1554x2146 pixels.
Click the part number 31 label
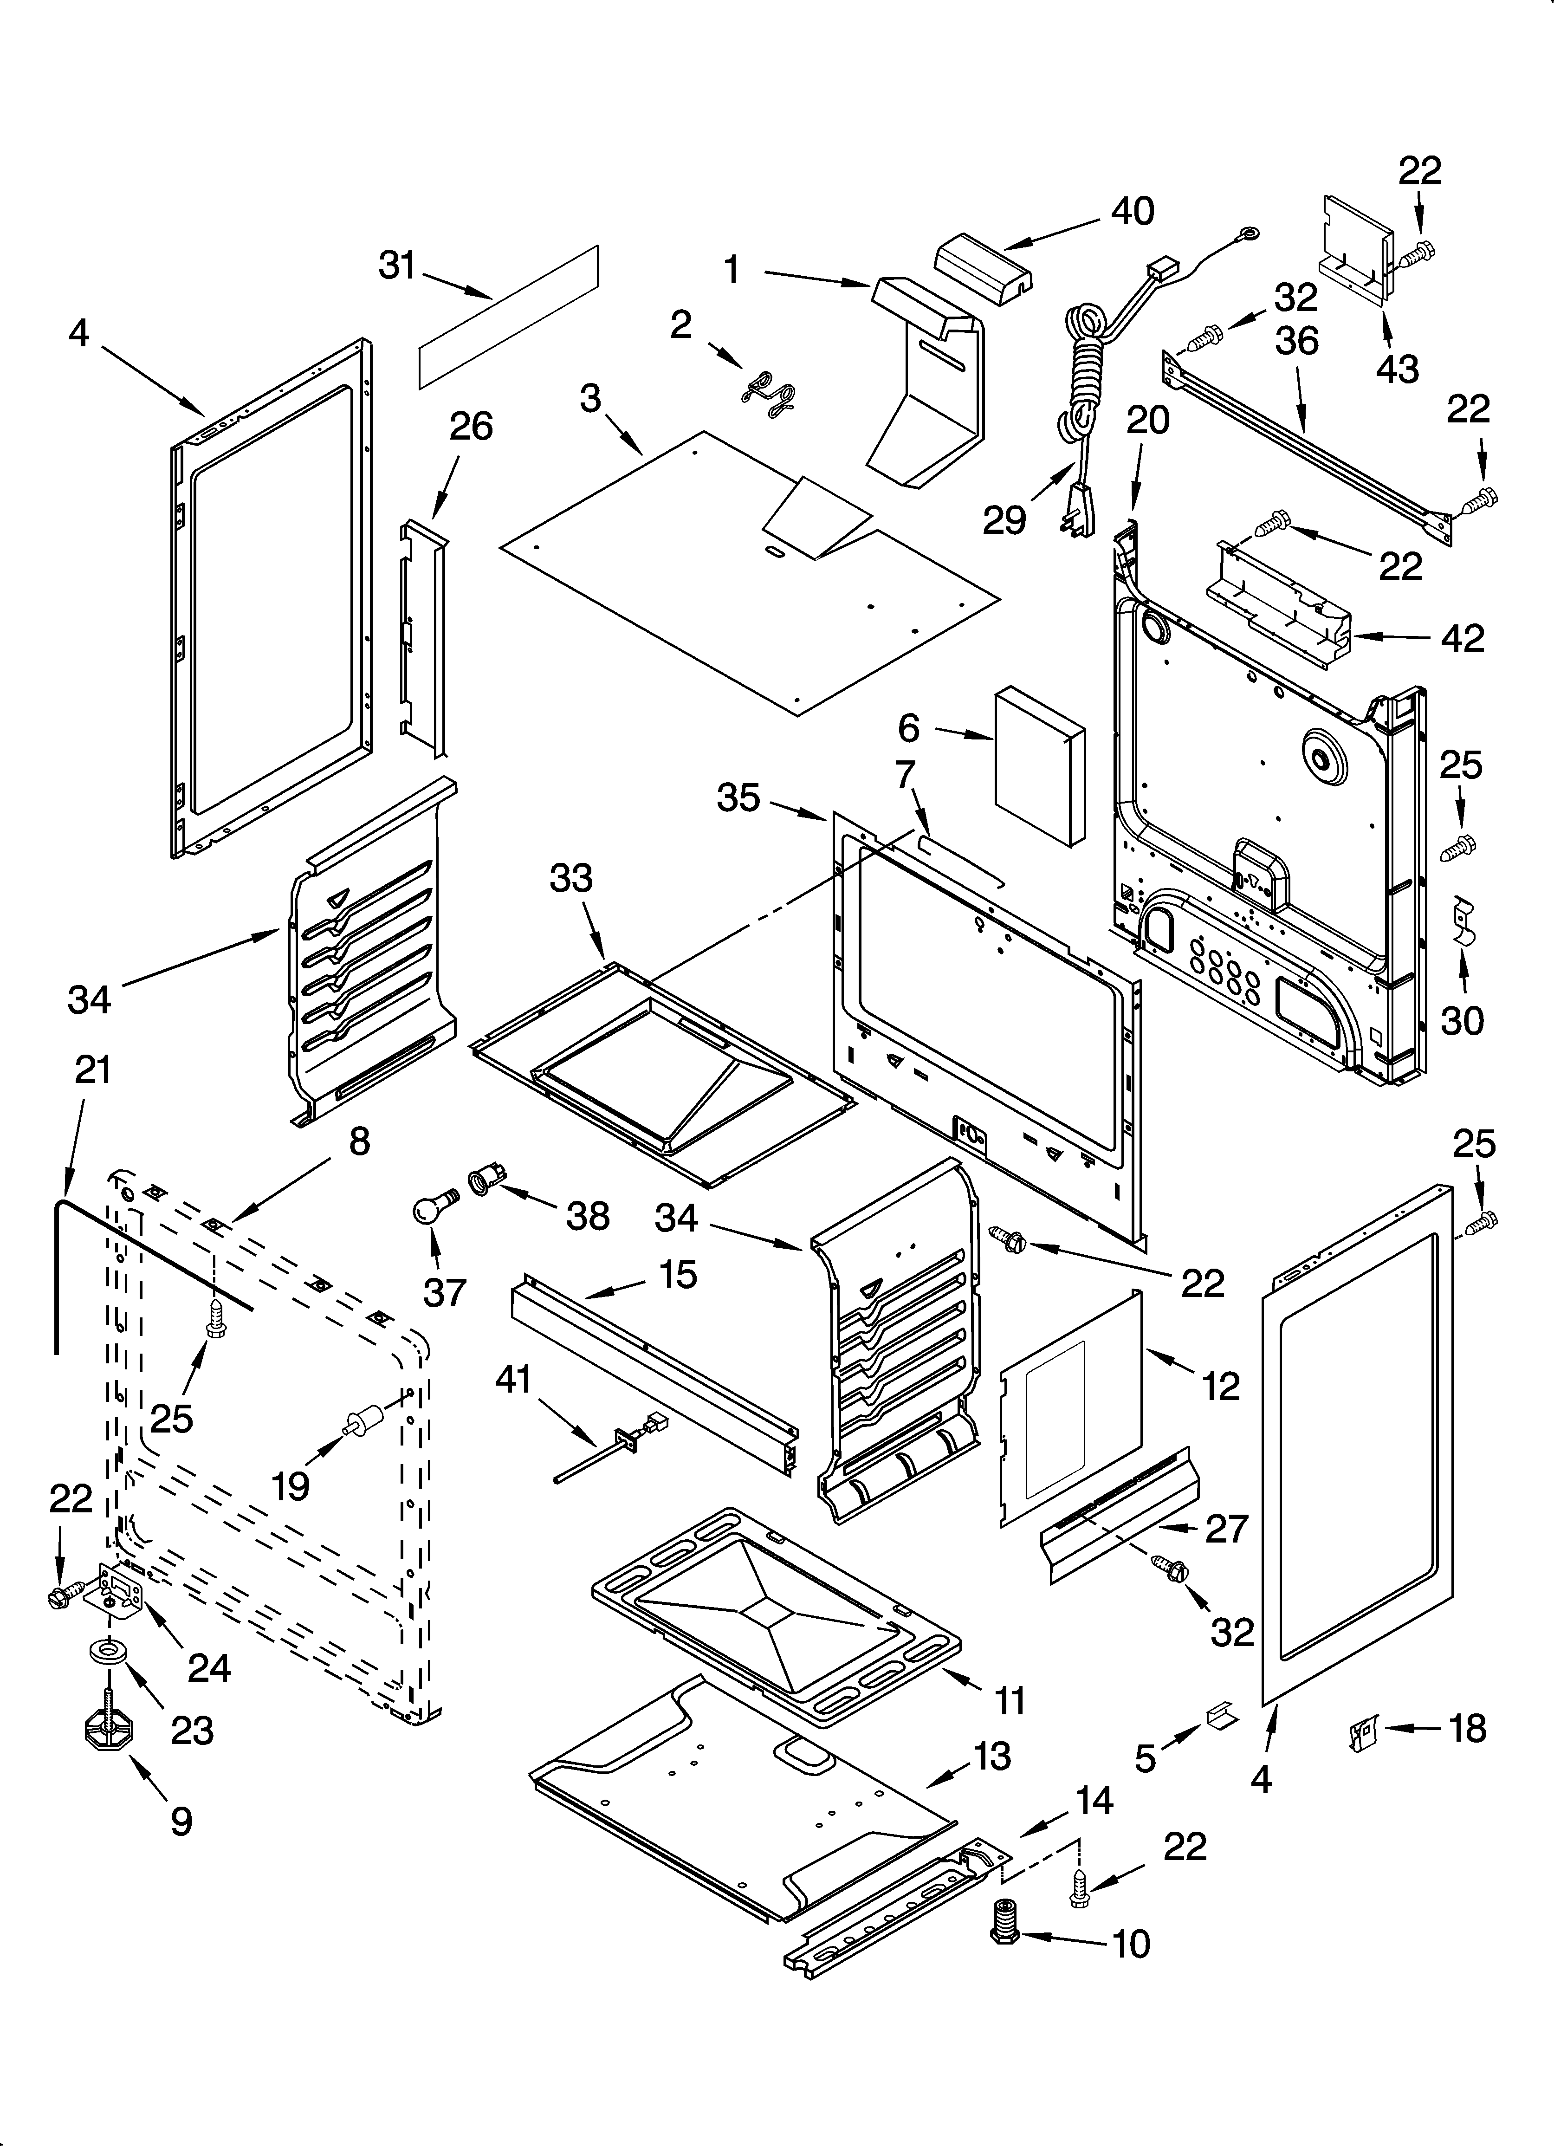[397, 266]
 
